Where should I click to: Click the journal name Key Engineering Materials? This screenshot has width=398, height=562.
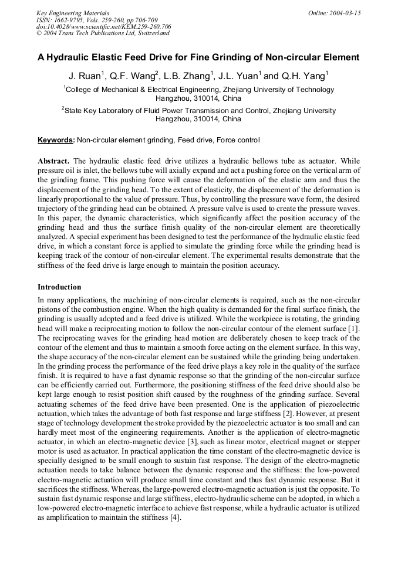coord(72,13)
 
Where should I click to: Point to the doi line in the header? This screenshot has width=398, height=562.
coord(104,26)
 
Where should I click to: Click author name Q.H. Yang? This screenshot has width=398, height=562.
coord(303,76)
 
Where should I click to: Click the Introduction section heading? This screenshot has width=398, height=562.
coord(59,287)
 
